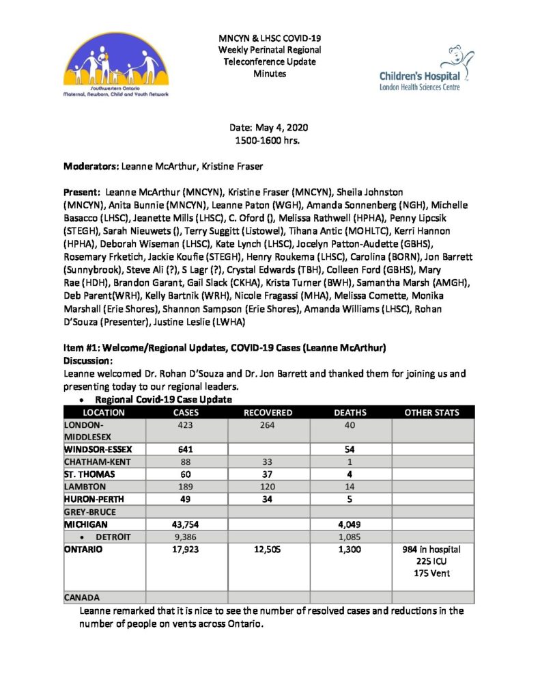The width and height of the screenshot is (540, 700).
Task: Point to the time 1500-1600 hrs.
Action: click(269, 139)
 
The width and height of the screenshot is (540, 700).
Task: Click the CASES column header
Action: click(186, 413)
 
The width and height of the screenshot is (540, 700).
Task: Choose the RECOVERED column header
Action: click(268, 413)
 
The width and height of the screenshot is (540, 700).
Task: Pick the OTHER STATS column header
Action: click(432, 413)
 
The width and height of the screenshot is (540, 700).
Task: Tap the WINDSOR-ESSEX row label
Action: click(97, 450)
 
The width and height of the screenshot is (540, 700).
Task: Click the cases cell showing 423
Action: click(186, 425)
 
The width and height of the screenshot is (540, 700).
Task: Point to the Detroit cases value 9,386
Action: click(186, 535)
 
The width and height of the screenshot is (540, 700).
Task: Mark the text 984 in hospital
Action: click(432, 549)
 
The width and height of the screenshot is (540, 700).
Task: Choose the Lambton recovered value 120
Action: click(268, 486)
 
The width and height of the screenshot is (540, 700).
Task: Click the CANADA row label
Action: click(83, 597)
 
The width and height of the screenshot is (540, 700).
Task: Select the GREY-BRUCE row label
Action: click(91, 511)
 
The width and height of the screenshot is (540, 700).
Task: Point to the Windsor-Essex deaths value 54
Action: click(350, 450)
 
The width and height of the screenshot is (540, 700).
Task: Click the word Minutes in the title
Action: click(269, 72)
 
